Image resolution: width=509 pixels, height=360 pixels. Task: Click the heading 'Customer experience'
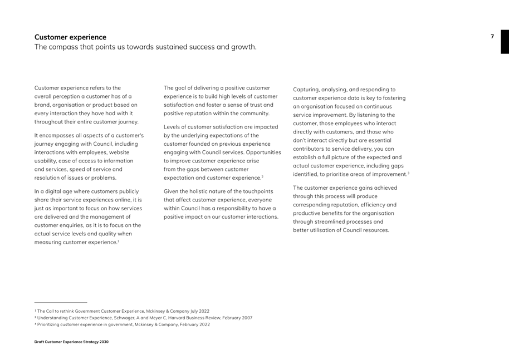70,37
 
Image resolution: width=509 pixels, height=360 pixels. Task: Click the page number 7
492,37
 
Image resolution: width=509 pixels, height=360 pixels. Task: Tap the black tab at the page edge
505,42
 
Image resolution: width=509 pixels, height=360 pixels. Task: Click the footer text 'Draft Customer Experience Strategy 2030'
71,342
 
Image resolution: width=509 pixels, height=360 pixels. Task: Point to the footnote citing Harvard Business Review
143,318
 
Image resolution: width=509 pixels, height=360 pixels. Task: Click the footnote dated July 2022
122,311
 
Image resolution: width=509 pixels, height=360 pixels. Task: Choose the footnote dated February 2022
122,324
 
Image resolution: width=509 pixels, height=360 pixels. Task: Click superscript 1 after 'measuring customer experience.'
118,240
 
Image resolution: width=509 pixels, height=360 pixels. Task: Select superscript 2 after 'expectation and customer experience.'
262,176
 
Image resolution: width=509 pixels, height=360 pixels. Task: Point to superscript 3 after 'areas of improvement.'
408,172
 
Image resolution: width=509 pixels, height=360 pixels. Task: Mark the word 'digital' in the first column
55,191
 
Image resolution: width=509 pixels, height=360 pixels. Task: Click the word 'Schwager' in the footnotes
121,318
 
